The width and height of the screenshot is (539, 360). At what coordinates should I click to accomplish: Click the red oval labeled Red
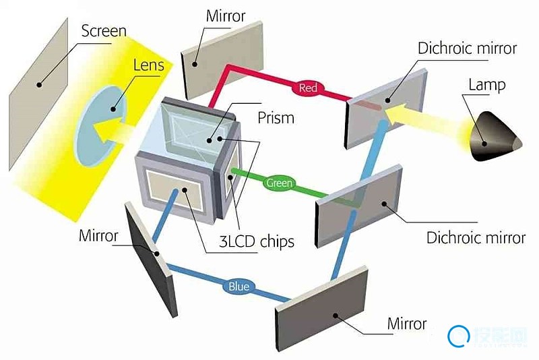[x=308, y=88]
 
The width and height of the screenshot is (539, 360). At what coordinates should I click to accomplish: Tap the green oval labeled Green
[x=278, y=183]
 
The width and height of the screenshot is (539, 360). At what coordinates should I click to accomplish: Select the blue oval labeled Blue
[x=238, y=287]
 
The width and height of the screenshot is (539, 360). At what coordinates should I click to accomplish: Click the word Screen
[x=104, y=30]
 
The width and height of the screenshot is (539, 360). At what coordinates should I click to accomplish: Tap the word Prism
[x=276, y=117]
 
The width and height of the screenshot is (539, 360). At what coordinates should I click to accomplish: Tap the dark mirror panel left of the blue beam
[x=152, y=260]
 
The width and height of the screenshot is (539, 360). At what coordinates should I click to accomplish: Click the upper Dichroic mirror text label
[x=467, y=49]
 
